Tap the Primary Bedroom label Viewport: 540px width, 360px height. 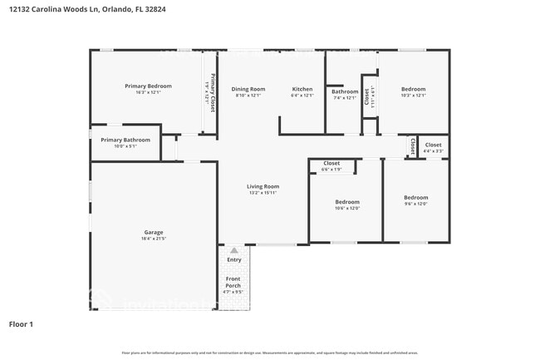pyautogui.click(x=148, y=86)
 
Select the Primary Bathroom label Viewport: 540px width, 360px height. pyautogui.click(x=125, y=140)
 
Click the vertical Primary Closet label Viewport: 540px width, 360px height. pyautogui.click(x=213, y=93)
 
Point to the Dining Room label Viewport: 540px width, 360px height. pyautogui.click(x=248, y=89)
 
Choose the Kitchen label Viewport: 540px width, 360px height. pyautogui.click(x=302, y=89)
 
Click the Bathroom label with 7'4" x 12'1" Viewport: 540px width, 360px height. pyautogui.click(x=345, y=91)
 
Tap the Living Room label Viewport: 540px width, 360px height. pyautogui.click(x=263, y=186)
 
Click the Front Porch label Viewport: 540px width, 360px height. pyautogui.click(x=233, y=282)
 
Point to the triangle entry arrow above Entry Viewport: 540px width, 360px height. pyautogui.click(x=234, y=249)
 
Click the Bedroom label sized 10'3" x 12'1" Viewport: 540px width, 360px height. pyautogui.click(x=413, y=89)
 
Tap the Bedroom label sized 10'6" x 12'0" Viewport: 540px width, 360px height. pyautogui.click(x=347, y=202)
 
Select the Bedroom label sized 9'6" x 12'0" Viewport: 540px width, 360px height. pyautogui.click(x=416, y=197)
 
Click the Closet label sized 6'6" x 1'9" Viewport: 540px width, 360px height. pyautogui.click(x=331, y=163)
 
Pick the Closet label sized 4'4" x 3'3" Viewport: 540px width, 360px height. pyautogui.click(x=433, y=145)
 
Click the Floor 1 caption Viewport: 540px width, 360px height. pyautogui.click(x=21, y=323)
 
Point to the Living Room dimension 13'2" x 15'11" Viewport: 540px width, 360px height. pyautogui.click(x=263, y=193)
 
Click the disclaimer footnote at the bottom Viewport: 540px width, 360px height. pyautogui.click(x=270, y=353)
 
